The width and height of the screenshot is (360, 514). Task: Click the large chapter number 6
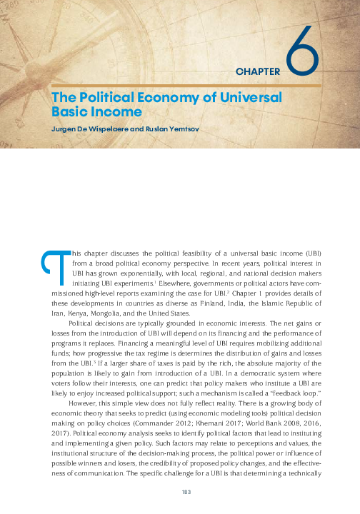[302, 49]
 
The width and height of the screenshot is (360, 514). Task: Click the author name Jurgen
[64, 129]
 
